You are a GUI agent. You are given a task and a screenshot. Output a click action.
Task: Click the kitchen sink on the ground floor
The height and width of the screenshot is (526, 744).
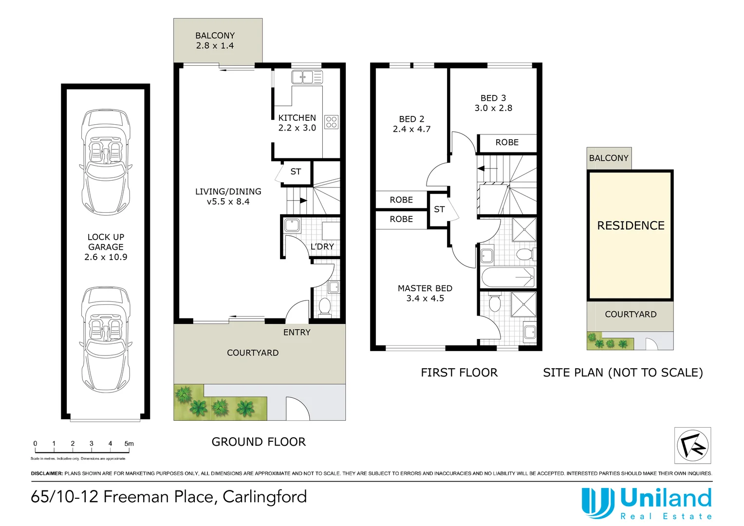[302, 77]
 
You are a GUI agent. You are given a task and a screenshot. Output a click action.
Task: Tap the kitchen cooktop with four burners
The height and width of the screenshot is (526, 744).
[332, 122]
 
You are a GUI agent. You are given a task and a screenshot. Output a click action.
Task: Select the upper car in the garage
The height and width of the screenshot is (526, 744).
[106, 161]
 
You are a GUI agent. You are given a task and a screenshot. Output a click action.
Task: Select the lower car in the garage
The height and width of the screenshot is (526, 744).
[106, 339]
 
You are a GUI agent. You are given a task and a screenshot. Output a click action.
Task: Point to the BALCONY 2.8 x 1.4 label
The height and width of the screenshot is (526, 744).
[215, 40]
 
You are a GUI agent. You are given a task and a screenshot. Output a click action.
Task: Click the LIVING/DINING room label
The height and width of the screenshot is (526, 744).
[228, 196]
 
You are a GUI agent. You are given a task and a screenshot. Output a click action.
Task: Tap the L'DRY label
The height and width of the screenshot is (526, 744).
[322, 246]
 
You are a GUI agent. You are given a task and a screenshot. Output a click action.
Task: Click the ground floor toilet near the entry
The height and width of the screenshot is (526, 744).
[324, 306]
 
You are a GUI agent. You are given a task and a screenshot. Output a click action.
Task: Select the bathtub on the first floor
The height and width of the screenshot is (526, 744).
[507, 277]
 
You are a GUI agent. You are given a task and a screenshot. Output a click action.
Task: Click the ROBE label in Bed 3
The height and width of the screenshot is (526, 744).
[507, 142]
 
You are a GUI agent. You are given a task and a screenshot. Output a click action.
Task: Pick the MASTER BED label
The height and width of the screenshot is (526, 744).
[425, 293]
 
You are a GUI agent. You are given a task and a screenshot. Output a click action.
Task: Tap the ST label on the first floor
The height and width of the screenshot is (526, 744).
[439, 209]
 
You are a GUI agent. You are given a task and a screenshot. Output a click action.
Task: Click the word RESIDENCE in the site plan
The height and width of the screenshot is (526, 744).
[631, 225]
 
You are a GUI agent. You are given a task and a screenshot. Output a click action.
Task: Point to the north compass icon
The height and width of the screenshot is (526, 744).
[692, 445]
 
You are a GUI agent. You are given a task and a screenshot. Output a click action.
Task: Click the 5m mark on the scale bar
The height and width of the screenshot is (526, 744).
[129, 444]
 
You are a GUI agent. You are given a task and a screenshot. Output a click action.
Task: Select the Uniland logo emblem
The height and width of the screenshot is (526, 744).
[597, 503]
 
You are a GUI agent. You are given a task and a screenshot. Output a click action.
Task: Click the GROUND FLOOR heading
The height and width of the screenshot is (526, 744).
[259, 442]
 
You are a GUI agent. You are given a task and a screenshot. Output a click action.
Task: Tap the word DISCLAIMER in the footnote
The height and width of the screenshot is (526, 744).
[47, 473]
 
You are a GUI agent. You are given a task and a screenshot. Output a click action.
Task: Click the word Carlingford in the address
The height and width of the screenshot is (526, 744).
[264, 497]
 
